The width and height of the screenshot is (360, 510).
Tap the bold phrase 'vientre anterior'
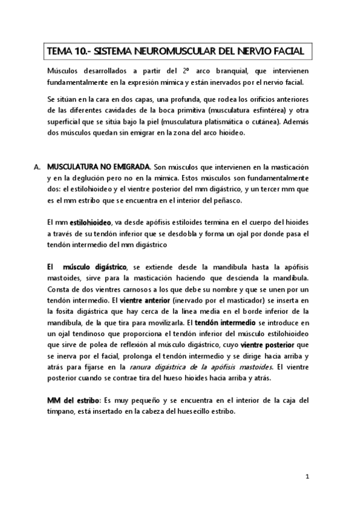pos(145,300)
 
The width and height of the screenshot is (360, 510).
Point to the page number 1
pos(307,477)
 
